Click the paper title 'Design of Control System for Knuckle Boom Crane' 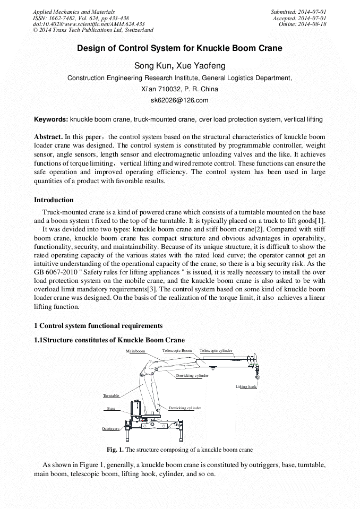pos(179,48)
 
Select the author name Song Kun pos(154,66)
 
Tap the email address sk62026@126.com pos(179,100)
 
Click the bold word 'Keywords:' pos(51,119)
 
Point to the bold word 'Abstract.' pos(48,136)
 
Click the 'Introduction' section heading pos(54,200)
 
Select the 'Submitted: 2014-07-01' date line pos(298,12)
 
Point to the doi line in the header pos(89,24)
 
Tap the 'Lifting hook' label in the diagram pos(246,386)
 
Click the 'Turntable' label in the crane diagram pos(111,396)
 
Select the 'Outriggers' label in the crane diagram pos(110,428)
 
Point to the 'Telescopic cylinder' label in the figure pos(216,351)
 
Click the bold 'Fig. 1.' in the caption pos(115,450)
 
